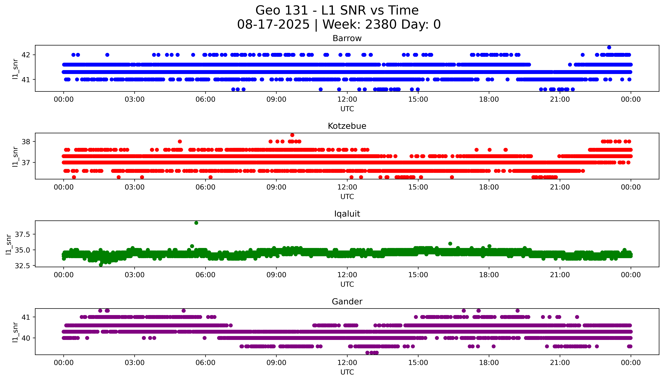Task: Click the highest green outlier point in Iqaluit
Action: (196, 223)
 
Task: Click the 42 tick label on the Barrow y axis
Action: (26, 55)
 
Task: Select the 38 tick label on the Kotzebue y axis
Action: (26, 142)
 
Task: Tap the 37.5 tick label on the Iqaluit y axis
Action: (23, 234)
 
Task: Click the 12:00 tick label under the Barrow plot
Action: (347, 99)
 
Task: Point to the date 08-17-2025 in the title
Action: (273, 25)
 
